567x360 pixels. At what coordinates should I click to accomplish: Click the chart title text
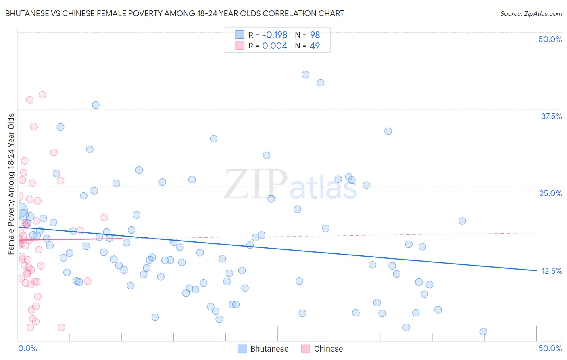(174, 13)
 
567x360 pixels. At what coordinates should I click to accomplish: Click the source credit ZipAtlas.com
(531, 14)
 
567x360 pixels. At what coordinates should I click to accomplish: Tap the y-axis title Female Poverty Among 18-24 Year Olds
(11, 184)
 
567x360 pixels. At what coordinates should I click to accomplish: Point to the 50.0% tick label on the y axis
(550, 39)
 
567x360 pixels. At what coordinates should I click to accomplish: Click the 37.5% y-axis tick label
(551, 116)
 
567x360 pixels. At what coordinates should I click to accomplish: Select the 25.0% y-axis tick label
(550, 193)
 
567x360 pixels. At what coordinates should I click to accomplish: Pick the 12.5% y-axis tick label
(551, 271)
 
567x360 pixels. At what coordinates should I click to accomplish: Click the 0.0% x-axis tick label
(27, 348)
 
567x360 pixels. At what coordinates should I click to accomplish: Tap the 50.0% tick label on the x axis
(550, 348)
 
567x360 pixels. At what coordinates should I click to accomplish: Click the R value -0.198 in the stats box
(275, 35)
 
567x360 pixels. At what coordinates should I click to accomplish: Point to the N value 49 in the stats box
(315, 46)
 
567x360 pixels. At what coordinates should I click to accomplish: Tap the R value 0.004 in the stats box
(275, 46)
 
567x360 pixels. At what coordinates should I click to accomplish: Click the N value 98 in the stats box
(315, 35)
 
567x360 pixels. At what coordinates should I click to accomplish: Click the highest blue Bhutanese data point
(305, 75)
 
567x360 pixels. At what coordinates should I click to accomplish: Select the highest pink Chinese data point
(42, 95)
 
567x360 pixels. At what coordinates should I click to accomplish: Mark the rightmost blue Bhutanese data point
(483, 331)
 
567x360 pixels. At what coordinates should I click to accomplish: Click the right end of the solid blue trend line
(536, 270)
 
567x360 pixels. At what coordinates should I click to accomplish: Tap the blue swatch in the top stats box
(240, 35)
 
